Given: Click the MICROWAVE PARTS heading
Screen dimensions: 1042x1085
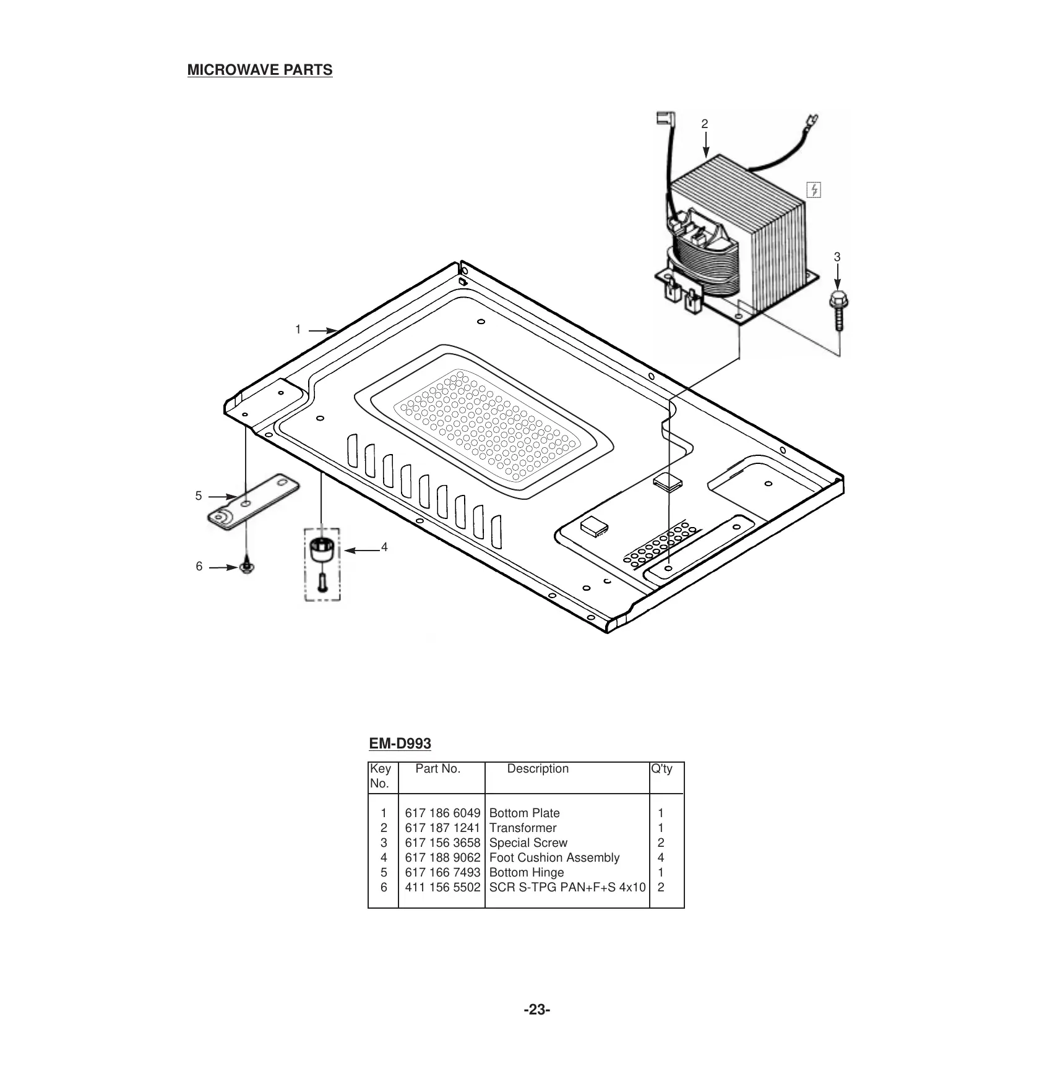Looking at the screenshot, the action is pos(259,70).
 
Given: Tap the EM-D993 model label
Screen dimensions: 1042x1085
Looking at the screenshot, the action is pos(400,743).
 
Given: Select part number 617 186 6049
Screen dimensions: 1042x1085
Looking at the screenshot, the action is pos(442,813).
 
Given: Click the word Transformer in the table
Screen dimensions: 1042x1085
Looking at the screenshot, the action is pos(523,828).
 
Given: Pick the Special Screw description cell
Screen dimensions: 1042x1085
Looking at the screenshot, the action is pos(528,843).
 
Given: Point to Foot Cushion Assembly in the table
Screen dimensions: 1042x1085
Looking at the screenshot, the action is pos(554,857).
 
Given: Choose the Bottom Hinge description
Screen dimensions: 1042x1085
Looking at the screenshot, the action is pos(527,872).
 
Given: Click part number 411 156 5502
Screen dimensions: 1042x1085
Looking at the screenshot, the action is pos(442,887).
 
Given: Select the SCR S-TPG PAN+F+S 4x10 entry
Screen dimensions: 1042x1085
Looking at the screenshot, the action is pos(567,887).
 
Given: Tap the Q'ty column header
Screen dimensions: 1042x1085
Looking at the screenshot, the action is pos(661,769).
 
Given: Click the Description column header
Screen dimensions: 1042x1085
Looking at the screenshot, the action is pos(538,769).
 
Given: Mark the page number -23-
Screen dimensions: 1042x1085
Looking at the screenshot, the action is pos(537,1010).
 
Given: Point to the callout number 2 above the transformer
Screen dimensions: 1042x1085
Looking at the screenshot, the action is pos(704,124).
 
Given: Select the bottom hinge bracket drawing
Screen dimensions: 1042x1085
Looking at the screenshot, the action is pos(253,501).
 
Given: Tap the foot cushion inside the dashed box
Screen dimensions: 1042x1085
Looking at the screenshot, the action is pos(322,549).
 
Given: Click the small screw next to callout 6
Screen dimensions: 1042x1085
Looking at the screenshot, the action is pos(247,567).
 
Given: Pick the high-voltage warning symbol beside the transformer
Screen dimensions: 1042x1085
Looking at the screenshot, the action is pos(814,190).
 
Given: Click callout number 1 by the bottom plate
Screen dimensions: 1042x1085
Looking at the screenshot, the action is pos(298,330).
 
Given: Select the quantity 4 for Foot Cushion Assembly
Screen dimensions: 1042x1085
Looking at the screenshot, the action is pos(661,857).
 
